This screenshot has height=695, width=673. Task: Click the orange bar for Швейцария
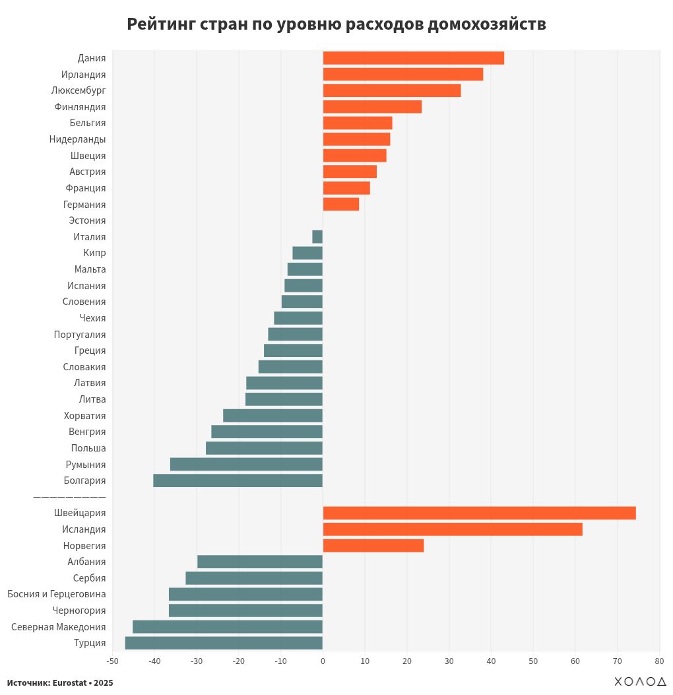pyautogui.click(x=479, y=513)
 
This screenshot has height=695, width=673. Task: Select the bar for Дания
pyautogui.click(x=413, y=58)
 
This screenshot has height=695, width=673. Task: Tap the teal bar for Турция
pyautogui.click(x=224, y=643)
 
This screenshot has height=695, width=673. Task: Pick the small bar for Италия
pyautogui.click(x=317, y=237)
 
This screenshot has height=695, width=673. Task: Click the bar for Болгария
pyautogui.click(x=238, y=480)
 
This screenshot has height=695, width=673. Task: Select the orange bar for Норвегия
pyautogui.click(x=373, y=546)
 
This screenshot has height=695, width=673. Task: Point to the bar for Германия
pyautogui.click(x=340, y=205)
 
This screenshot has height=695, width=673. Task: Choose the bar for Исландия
pyautogui.click(x=453, y=529)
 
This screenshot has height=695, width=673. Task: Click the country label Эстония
pyautogui.click(x=87, y=220)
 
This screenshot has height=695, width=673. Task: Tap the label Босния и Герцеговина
pyautogui.click(x=57, y=594)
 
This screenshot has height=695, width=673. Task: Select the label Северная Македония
pyautogui.click(x=59, y=626)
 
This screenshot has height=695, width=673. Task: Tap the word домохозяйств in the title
pyautogui.click(x=486, y=24)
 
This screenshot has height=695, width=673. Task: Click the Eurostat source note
pyautogui.click(x=60, y=682)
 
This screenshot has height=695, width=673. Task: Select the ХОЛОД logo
pyautogui.click(x=640, y=681)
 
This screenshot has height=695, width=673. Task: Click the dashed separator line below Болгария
pyautogui.click(x=69, y=496)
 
